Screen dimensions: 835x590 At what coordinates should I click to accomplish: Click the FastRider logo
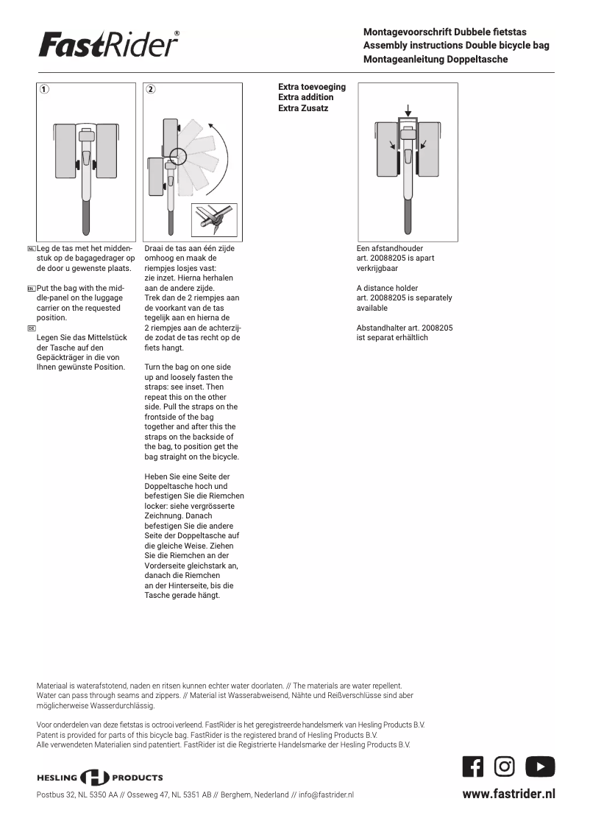(109, 45)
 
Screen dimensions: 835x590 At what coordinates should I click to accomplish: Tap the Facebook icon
(473, 767)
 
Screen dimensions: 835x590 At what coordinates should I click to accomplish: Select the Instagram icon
(505, 767)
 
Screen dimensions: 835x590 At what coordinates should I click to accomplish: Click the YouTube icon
(540, 767)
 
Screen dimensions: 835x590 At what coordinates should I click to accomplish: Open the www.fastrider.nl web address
(508, 794)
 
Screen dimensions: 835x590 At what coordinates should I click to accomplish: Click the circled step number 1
(45, 90)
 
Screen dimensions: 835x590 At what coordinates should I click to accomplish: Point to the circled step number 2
(151, 90)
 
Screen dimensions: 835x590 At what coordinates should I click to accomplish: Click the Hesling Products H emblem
(94, 778)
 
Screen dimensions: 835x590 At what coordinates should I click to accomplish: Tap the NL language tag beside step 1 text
(31, 249)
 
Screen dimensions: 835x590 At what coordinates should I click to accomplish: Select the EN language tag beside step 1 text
(31, 289)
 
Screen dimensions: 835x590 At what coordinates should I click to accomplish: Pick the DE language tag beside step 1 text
(31, 328)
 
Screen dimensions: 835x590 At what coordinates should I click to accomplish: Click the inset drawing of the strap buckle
(214, 219)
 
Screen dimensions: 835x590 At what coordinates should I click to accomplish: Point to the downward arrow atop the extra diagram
(408, 110)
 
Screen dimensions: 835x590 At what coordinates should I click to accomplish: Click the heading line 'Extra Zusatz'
(303, 108)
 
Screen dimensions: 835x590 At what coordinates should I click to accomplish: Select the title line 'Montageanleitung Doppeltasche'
(436, 59)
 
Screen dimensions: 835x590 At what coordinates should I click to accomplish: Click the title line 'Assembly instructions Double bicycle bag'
(456, 46)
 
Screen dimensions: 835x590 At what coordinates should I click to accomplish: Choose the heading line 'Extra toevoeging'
(312, 87)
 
